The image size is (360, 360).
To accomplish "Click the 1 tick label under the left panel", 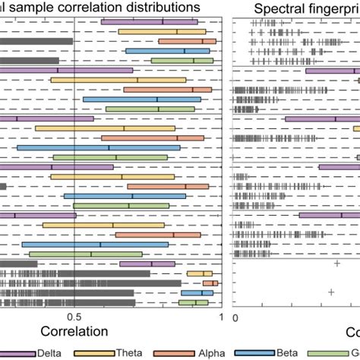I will click(x=220, y=317).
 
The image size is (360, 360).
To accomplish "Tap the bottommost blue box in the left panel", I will click(x=201, y=292).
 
